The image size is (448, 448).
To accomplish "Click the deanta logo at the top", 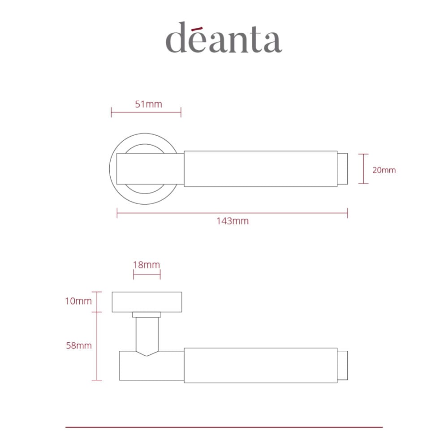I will (x=224, y=38).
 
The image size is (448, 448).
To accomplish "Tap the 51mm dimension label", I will (x=148, y=104).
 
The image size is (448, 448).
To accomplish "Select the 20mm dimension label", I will (x=384, y=170).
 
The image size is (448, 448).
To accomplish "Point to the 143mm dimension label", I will (x=232, y=221).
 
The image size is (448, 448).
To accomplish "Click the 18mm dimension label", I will (x=146, y=264).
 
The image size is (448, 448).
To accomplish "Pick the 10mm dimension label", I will (x=78, y=301).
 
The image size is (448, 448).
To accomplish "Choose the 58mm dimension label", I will (x=78, y=345).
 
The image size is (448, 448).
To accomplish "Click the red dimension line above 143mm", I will (x=232, y=213).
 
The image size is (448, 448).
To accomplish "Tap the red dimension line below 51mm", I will (x=146, y=112).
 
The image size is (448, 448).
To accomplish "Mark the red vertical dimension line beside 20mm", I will (x=363, y=169).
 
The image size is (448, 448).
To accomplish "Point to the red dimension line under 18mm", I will (x=146, y=274).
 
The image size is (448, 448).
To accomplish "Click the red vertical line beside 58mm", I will (x=97, y=346).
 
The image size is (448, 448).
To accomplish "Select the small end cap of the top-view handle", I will (x=342, y=168).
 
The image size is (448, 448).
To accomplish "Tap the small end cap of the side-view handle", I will (x=342, y=365).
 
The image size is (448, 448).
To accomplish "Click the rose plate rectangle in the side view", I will (x=146, y=302).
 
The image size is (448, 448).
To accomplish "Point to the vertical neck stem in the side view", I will (x=147, y=334).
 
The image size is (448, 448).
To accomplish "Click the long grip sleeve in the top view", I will (x=260, y=168).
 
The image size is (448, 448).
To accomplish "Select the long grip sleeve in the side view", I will (x=260, y=365).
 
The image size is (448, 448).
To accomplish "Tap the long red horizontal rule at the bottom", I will (x=224, y=427).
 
